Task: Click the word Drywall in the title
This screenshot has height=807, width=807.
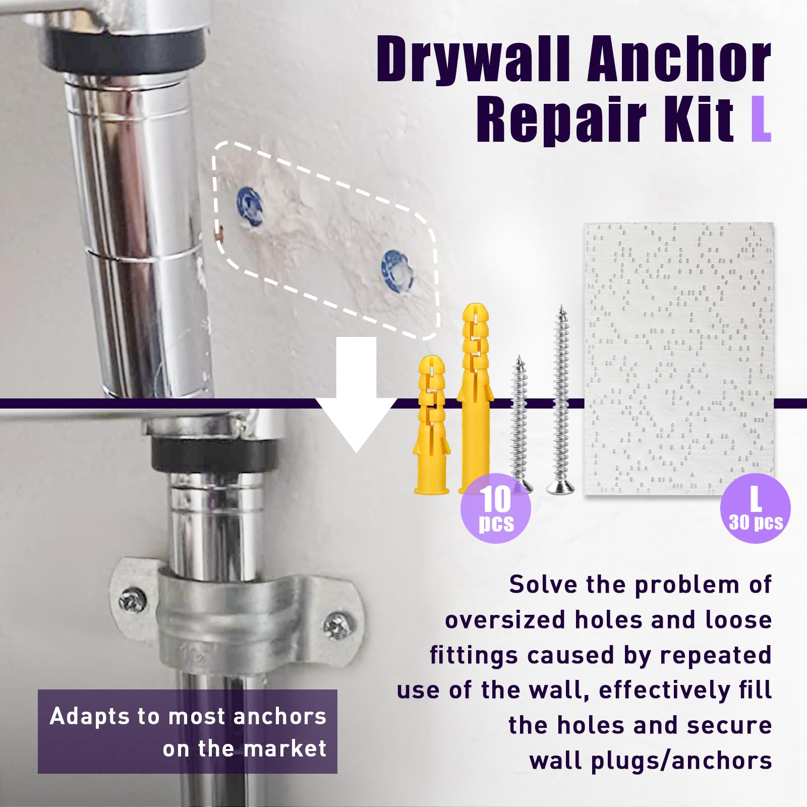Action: click(476, 60)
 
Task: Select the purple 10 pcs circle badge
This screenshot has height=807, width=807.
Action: click(496, 508)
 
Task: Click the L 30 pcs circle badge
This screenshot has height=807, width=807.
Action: click(755, 508)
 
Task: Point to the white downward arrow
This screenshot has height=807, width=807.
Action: click(357, 393)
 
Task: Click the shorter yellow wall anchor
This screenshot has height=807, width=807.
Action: click(432, 424)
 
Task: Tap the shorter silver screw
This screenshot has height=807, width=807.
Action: click(520, 423)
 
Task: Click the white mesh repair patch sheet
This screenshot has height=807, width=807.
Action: click(679, 359)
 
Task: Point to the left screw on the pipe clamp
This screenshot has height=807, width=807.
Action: click(133, 600)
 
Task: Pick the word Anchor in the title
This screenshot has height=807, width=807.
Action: click(679, 60)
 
